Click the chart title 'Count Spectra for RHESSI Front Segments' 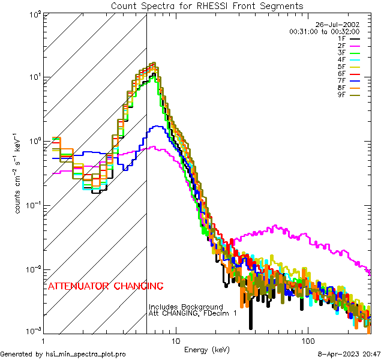click(207, 5)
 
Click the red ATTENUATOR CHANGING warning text click(106, 286)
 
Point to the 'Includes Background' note click(185, 307)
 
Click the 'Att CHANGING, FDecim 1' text click(193, 313)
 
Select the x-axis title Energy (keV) click(206, 350)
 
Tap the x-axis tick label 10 click(175, 340)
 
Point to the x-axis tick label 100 click(307, 340)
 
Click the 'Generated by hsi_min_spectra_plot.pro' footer click(63, 355)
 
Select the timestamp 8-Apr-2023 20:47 click(348, 355)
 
